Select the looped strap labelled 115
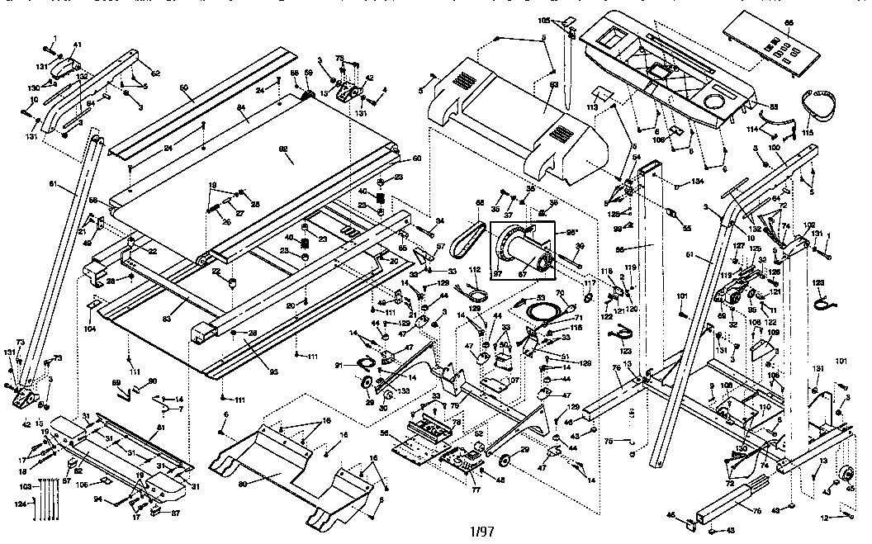(822, 104)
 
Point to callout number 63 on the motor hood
(554, 84)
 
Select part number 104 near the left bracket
(90, 329)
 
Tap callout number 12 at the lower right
(824, 518)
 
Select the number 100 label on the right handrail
(775, 147)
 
